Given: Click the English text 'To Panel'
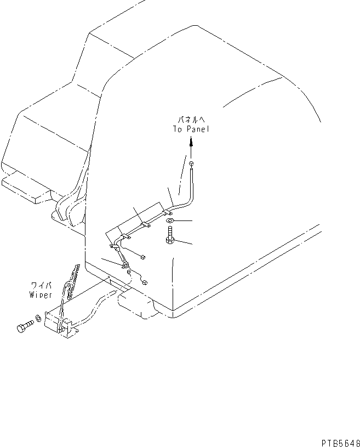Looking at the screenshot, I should (x=190, y=129).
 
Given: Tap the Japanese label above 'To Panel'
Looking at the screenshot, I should (x=190, y=119).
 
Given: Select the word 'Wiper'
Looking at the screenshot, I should (x=41, y=295).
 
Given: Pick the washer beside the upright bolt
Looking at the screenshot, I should (x=169, y=220).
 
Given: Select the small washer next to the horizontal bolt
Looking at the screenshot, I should (x=37, y=318).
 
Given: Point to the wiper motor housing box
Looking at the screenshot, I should (x=56, y=324).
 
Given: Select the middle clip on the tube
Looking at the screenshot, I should (x=145, y=224).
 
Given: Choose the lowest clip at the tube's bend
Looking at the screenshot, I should (x=125, y=267).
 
